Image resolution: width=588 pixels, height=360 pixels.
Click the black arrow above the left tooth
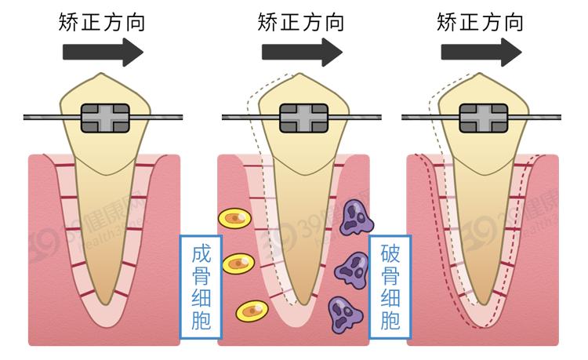click(x=102, y=52)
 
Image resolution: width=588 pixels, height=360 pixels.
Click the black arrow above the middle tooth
click(x=302, y=52)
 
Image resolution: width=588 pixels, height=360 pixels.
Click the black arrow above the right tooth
click(x=481, y=52)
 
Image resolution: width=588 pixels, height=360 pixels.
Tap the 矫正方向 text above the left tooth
click(x=102, y=21)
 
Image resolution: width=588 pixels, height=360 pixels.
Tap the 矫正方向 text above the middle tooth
click(x=302, y=21)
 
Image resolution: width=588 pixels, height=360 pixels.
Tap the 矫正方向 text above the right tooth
click(x=481, y=21)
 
